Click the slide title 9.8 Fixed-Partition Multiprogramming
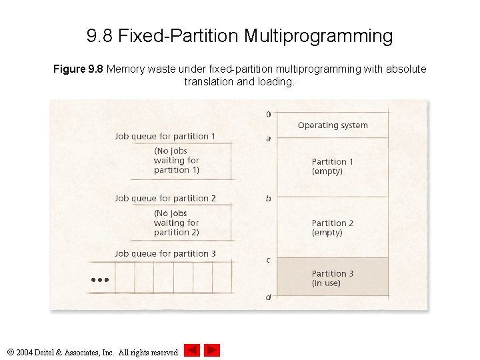click(239, 35)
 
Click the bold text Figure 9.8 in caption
click(78, 69)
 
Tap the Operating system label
click(333, 125)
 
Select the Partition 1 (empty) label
click(332, 167)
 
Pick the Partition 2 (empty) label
click(332, 228)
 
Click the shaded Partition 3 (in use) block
click(333, 277)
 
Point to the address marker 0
click(269, 114)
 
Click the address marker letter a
click(269, 139)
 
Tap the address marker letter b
click(269, 199)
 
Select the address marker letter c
click(269, 260)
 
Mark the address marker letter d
click(269, 297)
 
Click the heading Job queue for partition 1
click(165, 136)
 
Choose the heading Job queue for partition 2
click(165, 198)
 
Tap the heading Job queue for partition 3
click(165, 253)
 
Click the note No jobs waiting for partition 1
click(177, 161)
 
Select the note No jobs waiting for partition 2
click(177, 223)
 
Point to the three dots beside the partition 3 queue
click(99, 280)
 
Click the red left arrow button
click(192, 350)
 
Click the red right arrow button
click(212, 350)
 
